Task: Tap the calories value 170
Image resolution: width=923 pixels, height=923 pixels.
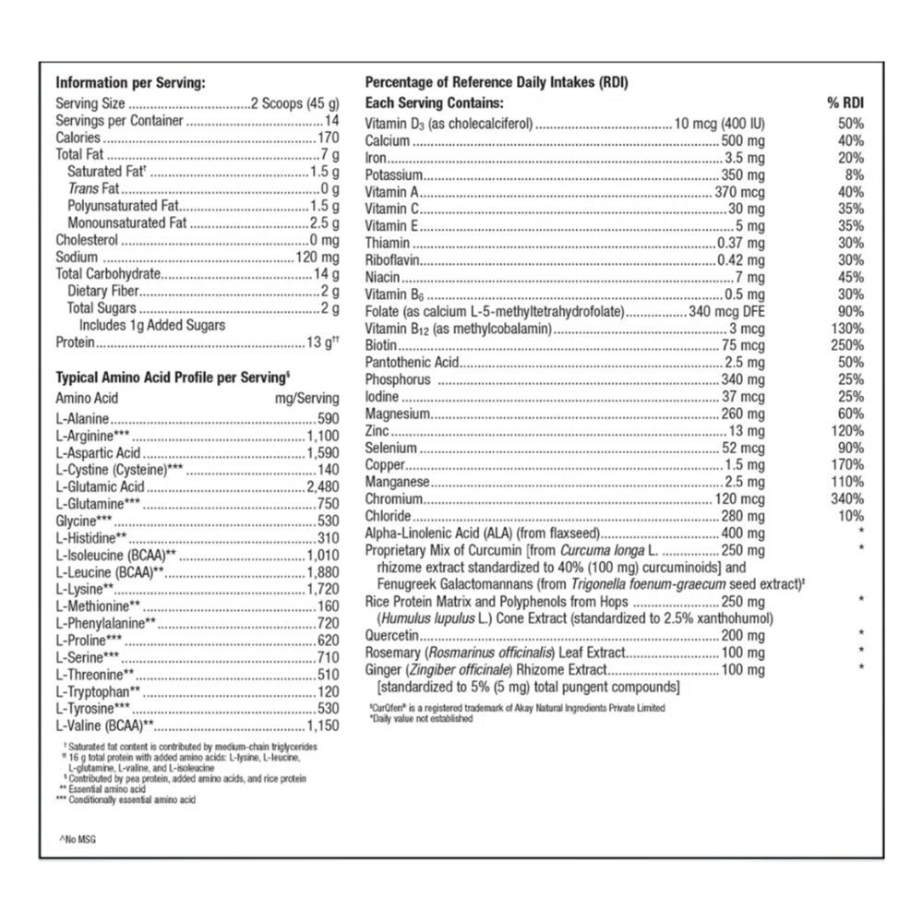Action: (328, 138)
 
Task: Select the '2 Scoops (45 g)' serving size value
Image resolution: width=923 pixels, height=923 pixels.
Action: (295, 103)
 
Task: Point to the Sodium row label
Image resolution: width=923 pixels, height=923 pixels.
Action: (77, 258)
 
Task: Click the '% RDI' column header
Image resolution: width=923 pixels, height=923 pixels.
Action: (845, 103)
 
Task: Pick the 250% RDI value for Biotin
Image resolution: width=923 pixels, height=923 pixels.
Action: (847, 344)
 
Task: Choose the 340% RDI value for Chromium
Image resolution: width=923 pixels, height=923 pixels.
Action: (847, 498)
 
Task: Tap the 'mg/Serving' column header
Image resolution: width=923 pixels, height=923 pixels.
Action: (307, 399)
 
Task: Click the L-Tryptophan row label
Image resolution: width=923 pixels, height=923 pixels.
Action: (98, 691)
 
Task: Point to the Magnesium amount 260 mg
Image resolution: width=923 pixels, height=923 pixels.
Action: (743, 414)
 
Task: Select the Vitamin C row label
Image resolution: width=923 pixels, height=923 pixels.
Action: (392, 209)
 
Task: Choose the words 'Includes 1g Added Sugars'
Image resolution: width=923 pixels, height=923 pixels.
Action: (151, 326)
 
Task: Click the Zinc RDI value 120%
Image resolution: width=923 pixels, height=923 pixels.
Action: (847, 430)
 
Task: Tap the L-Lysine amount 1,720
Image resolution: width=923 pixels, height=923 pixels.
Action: (323, 589)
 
